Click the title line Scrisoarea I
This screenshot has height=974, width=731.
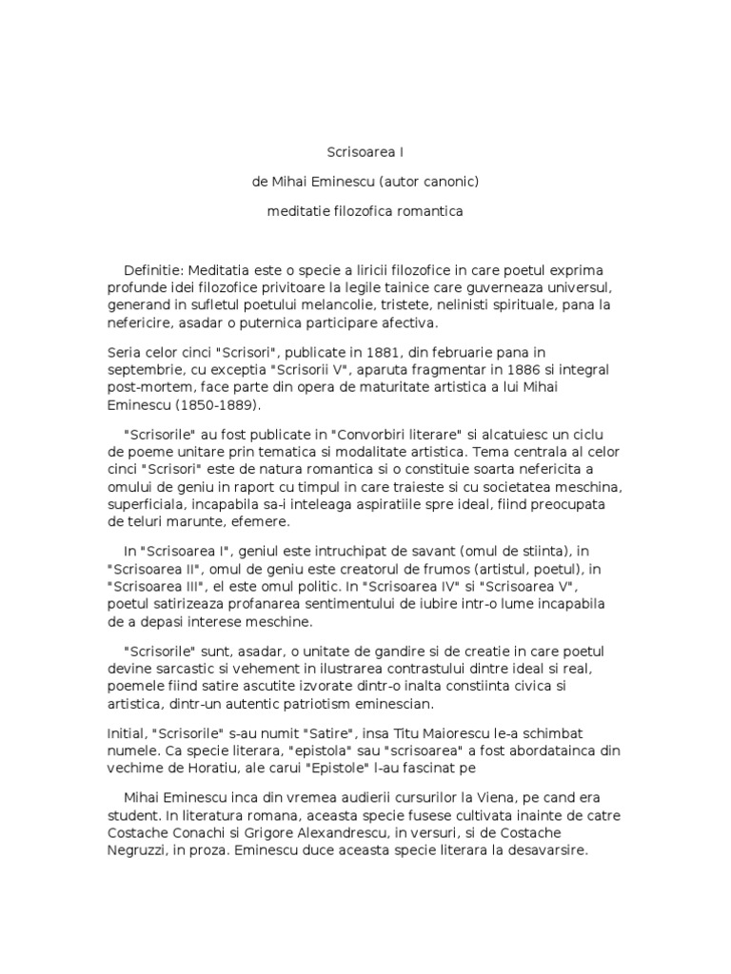point(365,150)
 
